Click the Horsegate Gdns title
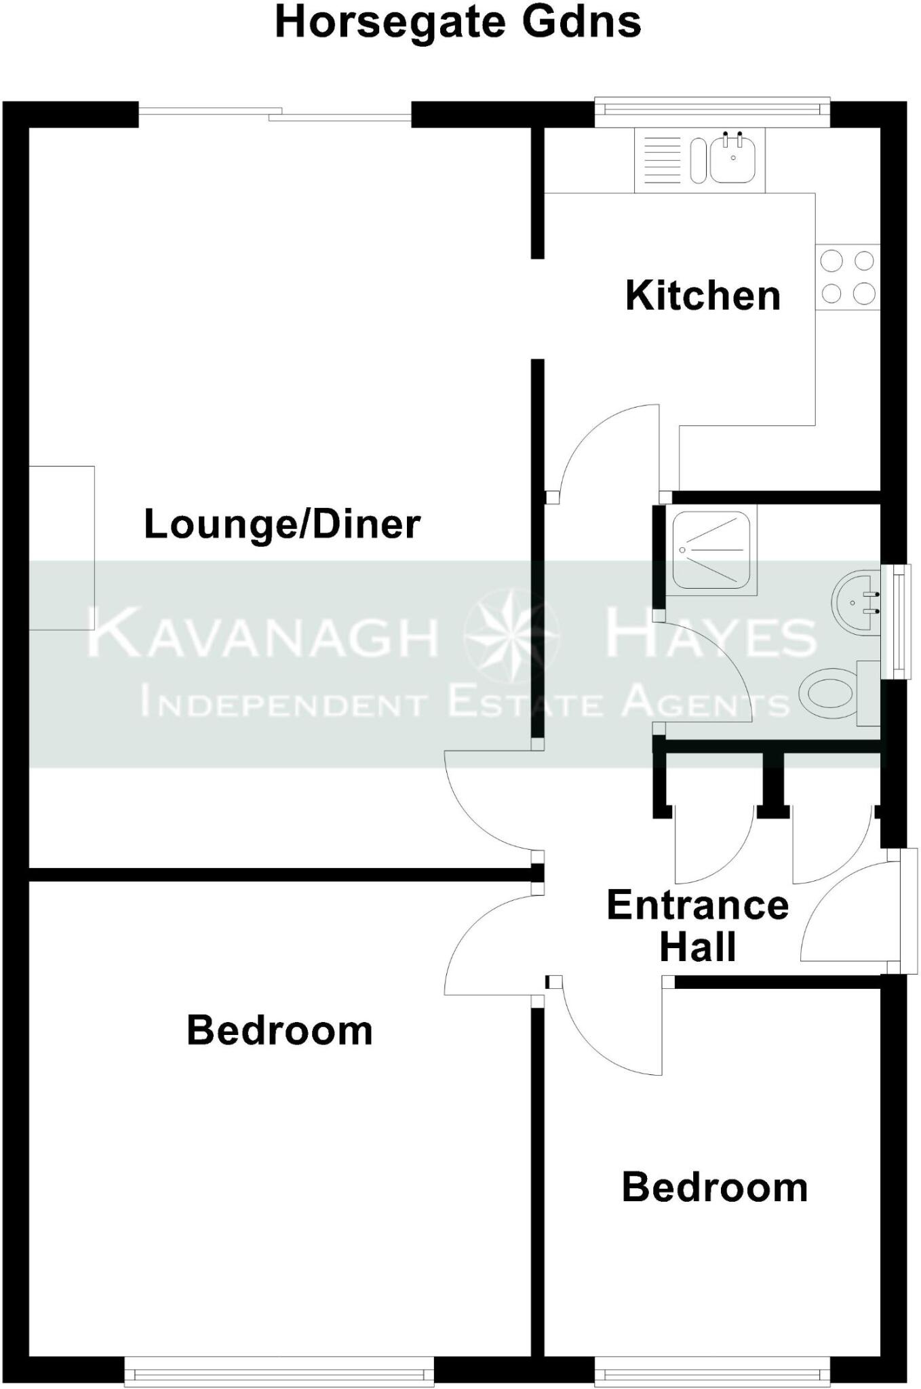(458, 22)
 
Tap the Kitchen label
(703, 296)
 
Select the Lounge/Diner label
(282, 524)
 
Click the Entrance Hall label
(697, 926)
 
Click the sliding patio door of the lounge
(275, 115)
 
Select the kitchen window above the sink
(712, 112)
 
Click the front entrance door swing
(848, 916)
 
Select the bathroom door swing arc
(712, 671)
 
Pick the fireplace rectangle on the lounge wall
(61, 547)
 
